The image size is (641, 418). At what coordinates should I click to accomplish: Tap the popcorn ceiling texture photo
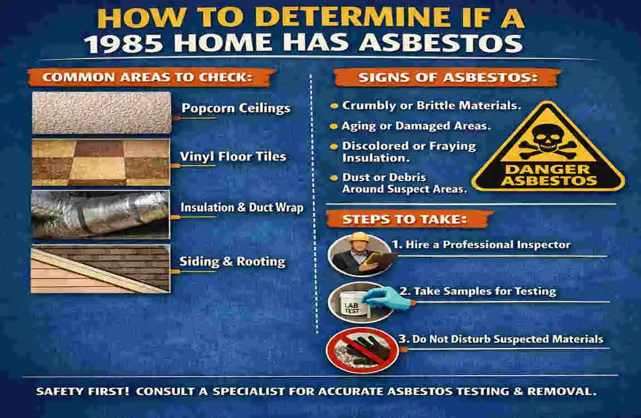101,113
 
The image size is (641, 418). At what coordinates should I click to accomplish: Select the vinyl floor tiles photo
101,162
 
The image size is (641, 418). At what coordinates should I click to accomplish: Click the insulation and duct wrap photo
101,213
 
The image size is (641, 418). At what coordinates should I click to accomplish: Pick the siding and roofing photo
101,269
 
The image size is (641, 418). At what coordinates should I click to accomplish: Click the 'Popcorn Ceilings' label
236,108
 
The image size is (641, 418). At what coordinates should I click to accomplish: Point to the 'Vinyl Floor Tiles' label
232,157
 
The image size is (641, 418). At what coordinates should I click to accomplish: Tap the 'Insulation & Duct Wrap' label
241,208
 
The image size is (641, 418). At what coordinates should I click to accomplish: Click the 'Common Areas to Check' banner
148,77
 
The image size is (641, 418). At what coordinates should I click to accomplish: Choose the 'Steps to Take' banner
404,219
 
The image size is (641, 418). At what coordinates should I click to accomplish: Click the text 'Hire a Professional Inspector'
480,245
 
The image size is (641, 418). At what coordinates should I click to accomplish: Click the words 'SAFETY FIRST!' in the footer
83,391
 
